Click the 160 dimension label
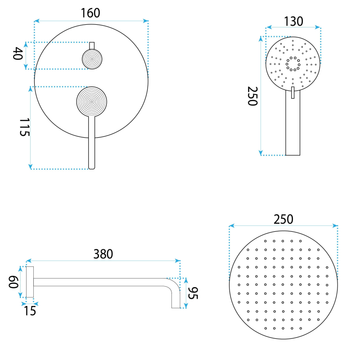[90, 13]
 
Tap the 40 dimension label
[18, 53]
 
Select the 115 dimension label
[25, 127]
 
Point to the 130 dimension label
[294, 21]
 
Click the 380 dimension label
[103, 254]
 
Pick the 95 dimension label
[193, 293]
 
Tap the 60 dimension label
[13, 282]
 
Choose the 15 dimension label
[30, 311]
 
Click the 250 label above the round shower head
[283, 219]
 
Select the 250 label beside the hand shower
[252, 96]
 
